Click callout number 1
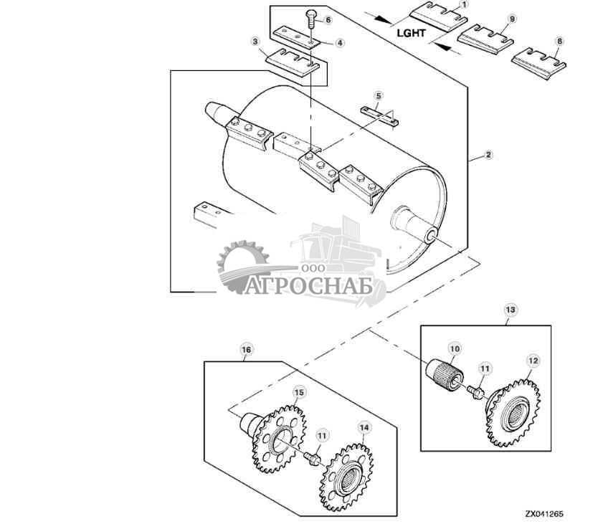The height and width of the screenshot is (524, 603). [464, 5]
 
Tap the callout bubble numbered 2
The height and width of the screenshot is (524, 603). [488, 155]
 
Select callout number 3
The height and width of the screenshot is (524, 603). [256, 42]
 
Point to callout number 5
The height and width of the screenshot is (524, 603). [379, 95]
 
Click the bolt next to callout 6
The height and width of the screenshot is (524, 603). [311, 20]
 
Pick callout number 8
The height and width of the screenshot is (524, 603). [559, 41]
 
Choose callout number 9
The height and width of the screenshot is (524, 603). [512, 19]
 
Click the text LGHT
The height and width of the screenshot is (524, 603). [411, 33]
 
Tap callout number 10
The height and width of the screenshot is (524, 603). [455, 348]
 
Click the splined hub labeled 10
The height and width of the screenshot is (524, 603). [445, 375]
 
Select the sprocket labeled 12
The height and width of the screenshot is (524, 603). [513, 413]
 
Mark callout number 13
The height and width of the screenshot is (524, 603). [511, 310]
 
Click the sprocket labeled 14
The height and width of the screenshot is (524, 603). [346, 477]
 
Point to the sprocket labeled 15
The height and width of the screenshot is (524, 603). [279, 439]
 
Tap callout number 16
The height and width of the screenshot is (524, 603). [246, 350]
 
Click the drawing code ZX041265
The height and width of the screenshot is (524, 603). [544, 514]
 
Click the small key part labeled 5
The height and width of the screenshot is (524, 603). [379, 116]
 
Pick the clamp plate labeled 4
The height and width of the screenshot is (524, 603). [297, 37]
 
